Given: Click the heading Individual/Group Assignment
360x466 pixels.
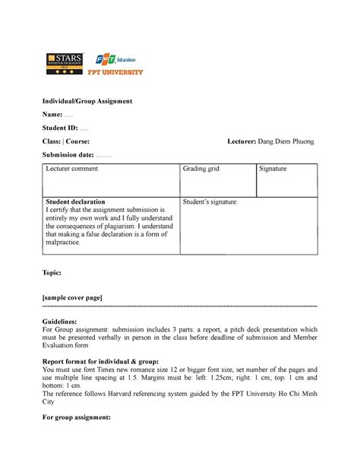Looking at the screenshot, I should tap(87, 100).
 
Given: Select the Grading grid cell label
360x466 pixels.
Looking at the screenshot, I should tap(201, 169).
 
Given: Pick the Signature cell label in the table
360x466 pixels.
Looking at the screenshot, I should tap(273, 169).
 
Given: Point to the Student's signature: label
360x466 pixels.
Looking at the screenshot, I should tap(210, 201).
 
